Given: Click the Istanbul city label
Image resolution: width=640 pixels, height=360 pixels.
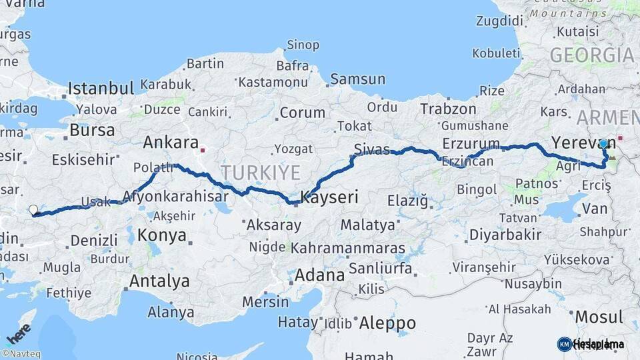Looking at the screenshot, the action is pos(101,88).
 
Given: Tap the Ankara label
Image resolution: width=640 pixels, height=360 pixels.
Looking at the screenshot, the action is pos(171,143).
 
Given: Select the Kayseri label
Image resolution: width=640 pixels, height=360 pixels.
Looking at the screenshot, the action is pos(330,197).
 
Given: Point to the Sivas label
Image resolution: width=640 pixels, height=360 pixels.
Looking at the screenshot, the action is pos(372,149).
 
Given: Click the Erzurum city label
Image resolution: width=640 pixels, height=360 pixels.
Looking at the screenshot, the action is pos(471,144).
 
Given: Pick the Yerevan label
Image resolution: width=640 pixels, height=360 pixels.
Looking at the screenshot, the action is pos(574,143).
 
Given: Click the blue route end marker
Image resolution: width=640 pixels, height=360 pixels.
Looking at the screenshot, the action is pos(603,143).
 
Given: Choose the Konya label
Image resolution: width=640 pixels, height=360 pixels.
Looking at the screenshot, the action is pos(162,235).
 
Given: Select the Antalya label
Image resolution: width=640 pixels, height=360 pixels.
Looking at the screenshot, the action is pos(159,281).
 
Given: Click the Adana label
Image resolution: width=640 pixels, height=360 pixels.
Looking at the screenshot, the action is pos(319,275).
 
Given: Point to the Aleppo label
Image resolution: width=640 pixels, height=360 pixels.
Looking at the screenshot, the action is pos(387,324).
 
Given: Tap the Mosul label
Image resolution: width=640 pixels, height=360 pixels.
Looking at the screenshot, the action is pos(598,317).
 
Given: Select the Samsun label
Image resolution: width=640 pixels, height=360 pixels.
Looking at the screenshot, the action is pos(357,79).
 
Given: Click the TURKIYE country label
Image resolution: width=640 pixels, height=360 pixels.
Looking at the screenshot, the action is pos(261,173).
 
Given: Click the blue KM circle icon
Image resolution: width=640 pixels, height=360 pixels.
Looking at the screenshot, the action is pos(564,344).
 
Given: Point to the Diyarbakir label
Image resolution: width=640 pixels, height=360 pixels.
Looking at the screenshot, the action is pos(505,235).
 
